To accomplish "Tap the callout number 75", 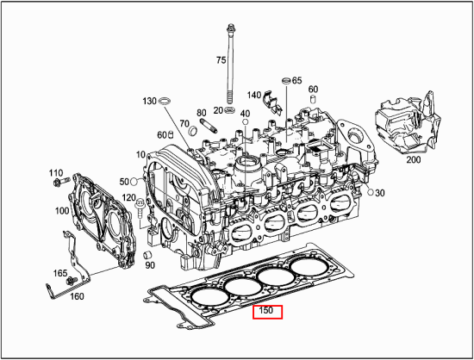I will [x=221, y=60].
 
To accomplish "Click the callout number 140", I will [x=254, y=95].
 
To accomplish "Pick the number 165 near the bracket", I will [x=59, y=273].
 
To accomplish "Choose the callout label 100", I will [x=63, y=211].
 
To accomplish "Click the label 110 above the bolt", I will [x=56, y=172].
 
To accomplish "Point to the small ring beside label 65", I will [x=285, y=81].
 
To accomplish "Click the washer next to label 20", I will [x=230, y=110].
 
